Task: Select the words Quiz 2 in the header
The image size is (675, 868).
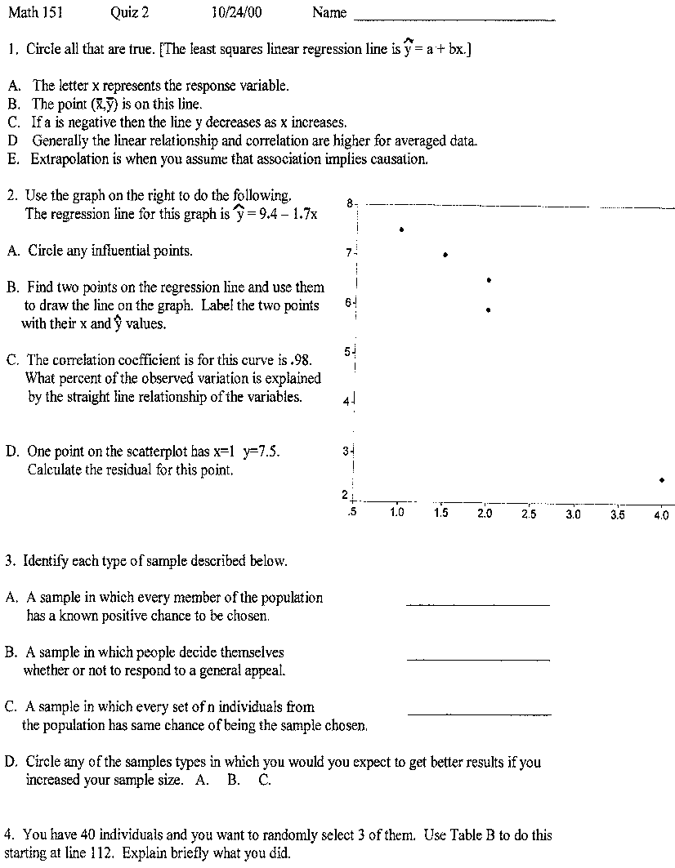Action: (x=129, y=13)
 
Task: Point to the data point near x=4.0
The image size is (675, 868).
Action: (x=661, y=480)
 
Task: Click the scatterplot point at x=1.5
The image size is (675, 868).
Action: (x=445, y=255)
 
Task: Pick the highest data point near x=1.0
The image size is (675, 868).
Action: (x=401, y=229)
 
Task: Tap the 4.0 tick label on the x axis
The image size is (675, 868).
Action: (x=661, y=515)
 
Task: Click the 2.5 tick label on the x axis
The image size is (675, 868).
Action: (x=529, y=515)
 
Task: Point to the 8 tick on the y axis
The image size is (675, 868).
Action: (x=350, y=203)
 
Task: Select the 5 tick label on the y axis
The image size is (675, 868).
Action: (x=346, y=352)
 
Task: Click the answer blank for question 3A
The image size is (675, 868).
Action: (x=478, y=604)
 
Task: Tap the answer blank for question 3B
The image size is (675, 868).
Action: (x=478, y=658)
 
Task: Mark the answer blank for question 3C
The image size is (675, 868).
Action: (x=479, y=714)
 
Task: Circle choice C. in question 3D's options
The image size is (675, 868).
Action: (x=265, y=780)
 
